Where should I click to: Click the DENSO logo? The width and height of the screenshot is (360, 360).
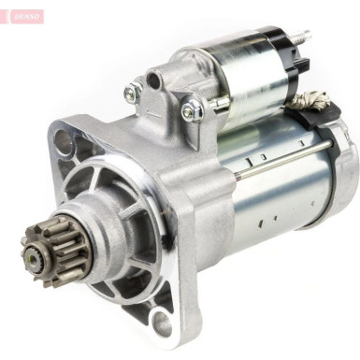[x=24, y=16]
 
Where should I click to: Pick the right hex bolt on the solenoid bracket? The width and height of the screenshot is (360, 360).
[x=191, y=111]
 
